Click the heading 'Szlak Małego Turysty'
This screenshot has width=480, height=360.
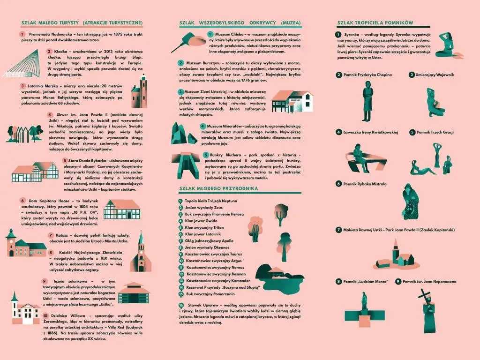pyautogui.click(x=82, y=22)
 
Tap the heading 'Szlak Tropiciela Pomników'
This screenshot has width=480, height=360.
pyautogui.click(x=375, y=22)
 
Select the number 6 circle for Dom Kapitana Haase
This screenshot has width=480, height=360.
pyautogui.click(x=22, y=200)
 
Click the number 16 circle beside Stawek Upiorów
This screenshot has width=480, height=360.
pyautogui.click(x=181, y=305)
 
